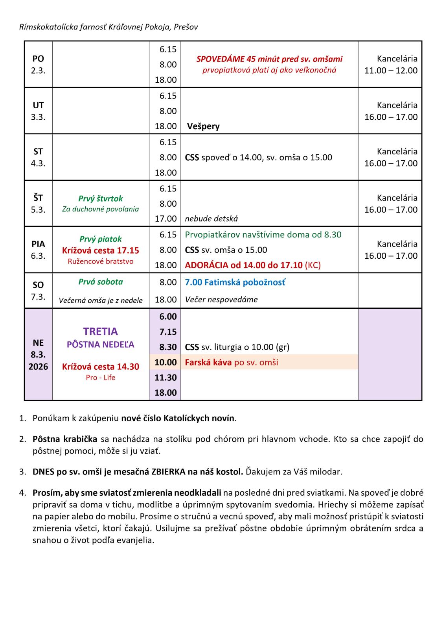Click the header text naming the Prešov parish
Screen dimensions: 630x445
[x=108, y=27]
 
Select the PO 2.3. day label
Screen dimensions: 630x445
[x=38, y=64]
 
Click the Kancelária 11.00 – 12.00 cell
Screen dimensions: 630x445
[x=390, y=65]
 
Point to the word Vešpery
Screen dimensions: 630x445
[x=203, y=126]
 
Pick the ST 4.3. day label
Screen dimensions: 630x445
[x=38, y=157]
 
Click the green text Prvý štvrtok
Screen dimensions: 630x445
[x=100, y=199]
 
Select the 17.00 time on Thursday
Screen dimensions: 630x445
[x=165, y=219]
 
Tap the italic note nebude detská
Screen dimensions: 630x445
[x=211, y=219]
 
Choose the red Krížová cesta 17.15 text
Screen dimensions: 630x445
[x=100, y=250]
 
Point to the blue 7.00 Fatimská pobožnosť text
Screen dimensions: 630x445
[x=235, y=282]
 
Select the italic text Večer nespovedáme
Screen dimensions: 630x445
[x=221, y=299]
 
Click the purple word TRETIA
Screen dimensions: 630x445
[x=100, y=331]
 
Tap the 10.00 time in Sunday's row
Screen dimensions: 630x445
[x=165, y=362]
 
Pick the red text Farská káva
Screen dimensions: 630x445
[x=208, y=362]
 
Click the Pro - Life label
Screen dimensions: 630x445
[x=100, y=377]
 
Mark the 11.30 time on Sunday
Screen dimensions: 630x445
[x=165, y=377]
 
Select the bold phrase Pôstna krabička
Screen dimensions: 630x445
[x=66, y=439]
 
